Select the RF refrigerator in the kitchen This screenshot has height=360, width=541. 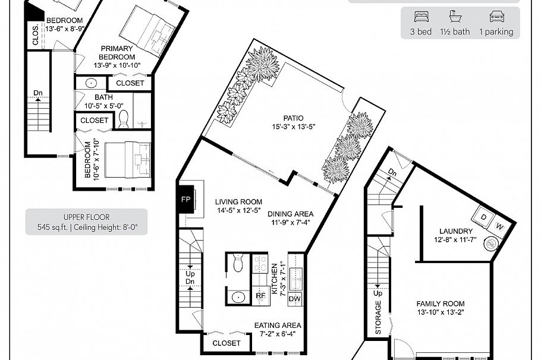coord(260,295)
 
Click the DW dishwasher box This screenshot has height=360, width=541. coord(294,299)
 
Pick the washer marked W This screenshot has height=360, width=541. coord(499,226)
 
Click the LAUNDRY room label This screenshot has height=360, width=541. coord(456,231)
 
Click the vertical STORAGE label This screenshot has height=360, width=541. coord(378,317)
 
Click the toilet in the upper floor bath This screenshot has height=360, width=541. coord(124,119)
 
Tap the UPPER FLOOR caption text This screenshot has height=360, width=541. coord(86,217)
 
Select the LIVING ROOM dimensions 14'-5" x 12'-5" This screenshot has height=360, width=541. coord(238,210)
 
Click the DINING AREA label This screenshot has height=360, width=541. coord(290,214)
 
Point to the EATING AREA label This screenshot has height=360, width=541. coord(278,326)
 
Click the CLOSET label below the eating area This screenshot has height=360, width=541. coord(227,343)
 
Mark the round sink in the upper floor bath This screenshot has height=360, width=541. coord(92,84)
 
